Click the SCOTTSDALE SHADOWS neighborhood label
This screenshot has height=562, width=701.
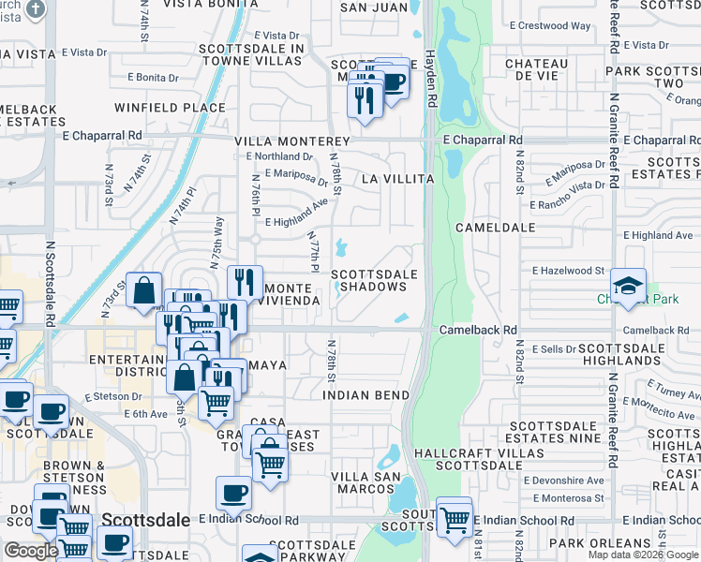374,280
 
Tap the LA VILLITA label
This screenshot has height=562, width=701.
397,178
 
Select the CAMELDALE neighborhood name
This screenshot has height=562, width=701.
495,228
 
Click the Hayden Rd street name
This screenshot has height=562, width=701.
430,71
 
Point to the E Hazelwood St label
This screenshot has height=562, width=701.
568,271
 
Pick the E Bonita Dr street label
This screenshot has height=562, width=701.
153,78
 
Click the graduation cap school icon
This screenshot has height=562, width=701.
626,284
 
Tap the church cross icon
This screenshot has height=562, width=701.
36,10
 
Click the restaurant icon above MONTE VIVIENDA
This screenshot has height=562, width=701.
245,280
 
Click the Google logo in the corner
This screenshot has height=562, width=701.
31,551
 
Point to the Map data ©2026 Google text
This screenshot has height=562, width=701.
642,555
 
